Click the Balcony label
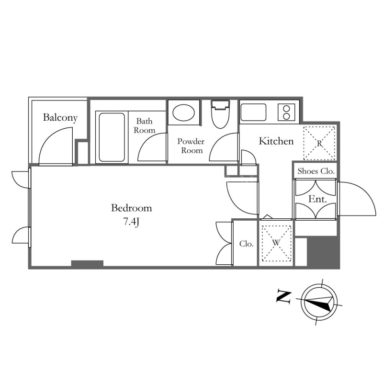(60, 117)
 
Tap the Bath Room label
(145, 125)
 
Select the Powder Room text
(191, 146)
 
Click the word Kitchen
(276, 141)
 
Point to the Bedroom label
(131, 208)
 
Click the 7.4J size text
(131, 222)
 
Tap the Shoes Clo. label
(315, 171)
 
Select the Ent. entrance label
(317, 199)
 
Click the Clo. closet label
(246, 244)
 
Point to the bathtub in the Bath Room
(112, 137)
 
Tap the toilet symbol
(220, 114)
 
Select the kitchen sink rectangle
(253, 112)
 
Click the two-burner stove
(286, 112)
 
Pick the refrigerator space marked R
(319, 143)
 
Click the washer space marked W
(276, 243)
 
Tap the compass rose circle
(319, 301)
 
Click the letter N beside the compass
(283, 296)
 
